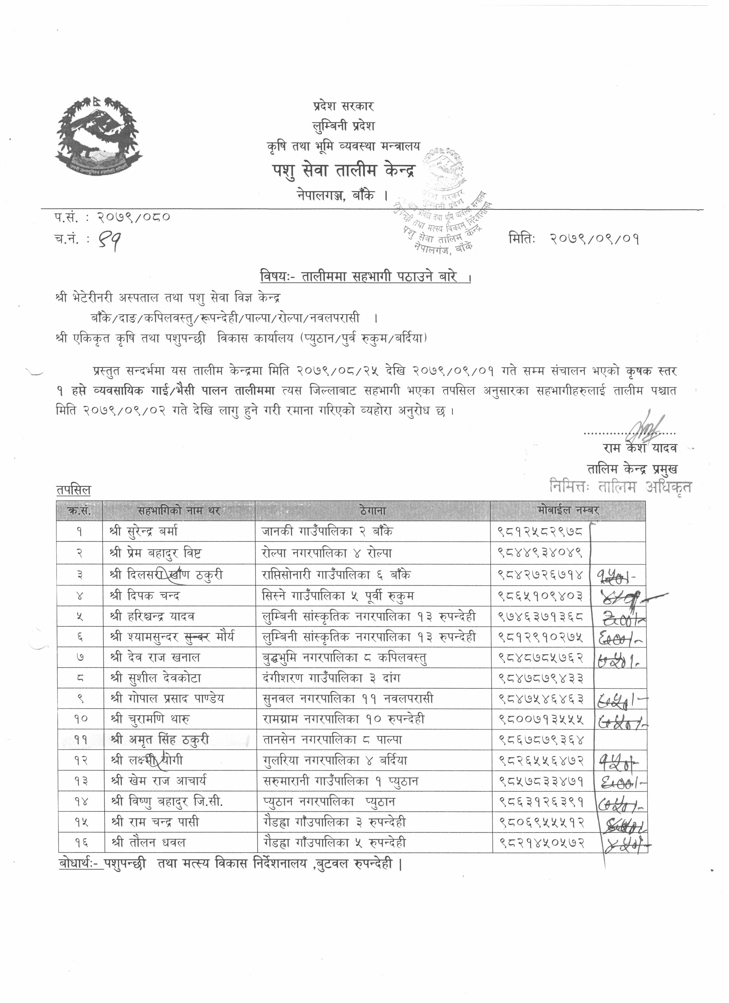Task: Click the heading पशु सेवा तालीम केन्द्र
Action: click(344, 171)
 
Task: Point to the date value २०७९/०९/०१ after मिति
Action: click(595, 239)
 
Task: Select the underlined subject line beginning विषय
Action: click(365, 278)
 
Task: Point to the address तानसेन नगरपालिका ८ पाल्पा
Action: click(332, 739)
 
